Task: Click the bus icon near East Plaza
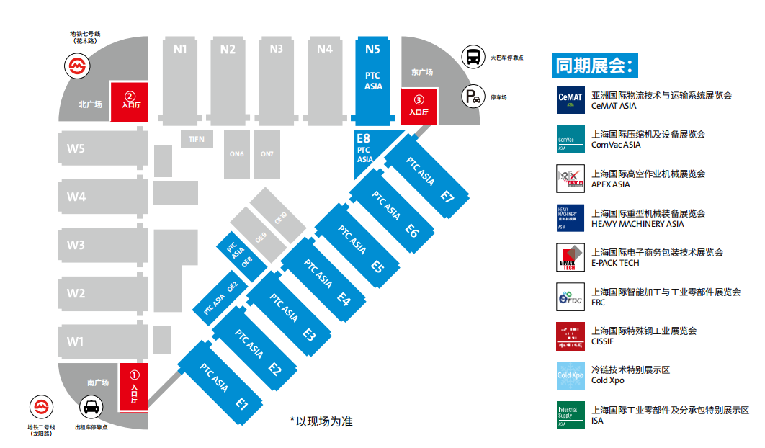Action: [473, 56]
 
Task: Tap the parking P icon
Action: [473, 97]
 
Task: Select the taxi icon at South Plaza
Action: [91, 408]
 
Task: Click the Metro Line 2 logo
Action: [41, 408]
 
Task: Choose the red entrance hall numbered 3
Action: [419, 107]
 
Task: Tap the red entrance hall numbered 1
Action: [133, 386]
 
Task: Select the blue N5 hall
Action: [372, 79]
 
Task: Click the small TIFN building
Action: [197, 138]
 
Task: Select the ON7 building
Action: [267, 153]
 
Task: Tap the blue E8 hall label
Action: [364, 138]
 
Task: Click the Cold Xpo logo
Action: [570, 375]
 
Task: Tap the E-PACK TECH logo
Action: [570, 258]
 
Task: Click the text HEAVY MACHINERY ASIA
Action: [637, 224]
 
